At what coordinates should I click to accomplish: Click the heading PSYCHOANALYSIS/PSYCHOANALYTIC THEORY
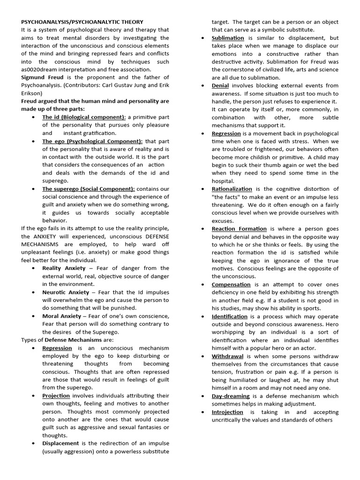coord(82,22)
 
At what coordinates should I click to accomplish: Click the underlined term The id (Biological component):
coord(84,117)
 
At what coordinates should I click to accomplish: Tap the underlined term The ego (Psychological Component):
coord(92,141)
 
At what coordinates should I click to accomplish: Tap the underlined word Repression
coord(57,348)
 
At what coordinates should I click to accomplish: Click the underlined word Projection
coord(56,396)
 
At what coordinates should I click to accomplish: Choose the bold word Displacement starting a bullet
coord(60,443)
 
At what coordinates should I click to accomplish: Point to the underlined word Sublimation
coord(228,37)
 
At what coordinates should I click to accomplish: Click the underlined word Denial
coord(220,85)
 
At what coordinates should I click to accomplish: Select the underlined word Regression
coord(226,133)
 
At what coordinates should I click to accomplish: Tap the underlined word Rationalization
coord(232,189)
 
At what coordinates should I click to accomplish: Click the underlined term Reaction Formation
coord(239,229)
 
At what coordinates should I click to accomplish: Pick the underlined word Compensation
coord(231,285)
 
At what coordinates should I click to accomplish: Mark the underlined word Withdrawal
coord(227,356)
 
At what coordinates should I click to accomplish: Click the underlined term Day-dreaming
coord(231,396)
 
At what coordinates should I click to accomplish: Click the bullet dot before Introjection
coord(201,412)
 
